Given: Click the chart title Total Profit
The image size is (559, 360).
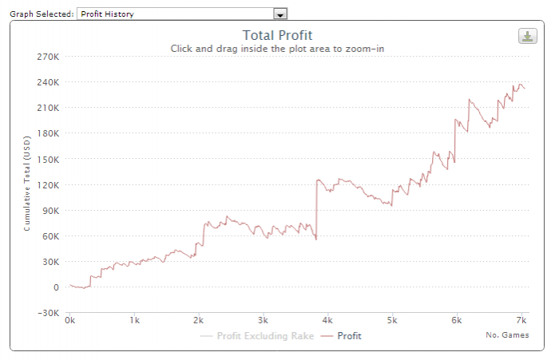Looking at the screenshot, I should (277, 35).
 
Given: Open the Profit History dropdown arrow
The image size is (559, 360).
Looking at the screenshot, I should (279, 14).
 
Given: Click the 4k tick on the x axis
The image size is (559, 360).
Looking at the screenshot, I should (327, 321).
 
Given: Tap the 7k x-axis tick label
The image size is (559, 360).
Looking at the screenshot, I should (521, 321).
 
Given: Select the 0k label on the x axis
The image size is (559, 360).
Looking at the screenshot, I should (70, 321).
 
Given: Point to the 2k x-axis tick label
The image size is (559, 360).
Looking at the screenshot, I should (199, 321).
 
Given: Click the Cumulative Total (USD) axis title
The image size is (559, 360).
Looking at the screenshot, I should (27, 184).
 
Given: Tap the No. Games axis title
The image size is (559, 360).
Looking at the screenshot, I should (507, 335).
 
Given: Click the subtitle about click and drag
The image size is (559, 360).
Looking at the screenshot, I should (277, 49).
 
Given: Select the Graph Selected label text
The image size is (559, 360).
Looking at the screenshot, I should (42, 14).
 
